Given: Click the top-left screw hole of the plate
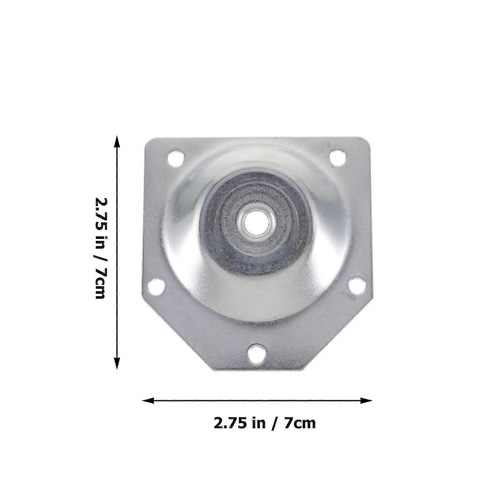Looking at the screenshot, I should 176,158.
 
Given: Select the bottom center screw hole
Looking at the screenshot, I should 257,354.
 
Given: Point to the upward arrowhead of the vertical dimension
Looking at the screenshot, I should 117,141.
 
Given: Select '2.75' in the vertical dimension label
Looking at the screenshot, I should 100,213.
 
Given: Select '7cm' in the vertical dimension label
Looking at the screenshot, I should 100,283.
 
